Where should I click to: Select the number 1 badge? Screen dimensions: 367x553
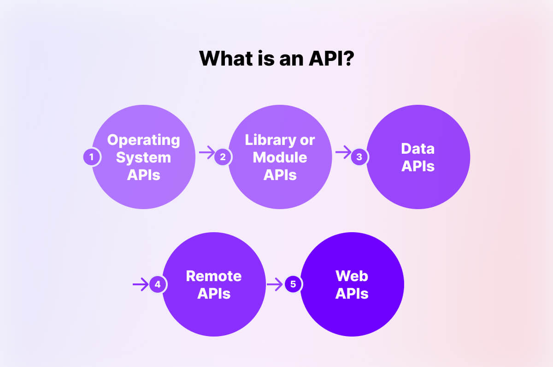tap(92, 157)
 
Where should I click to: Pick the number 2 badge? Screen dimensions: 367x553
tap(223, 157)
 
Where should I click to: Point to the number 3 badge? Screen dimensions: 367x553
tap(359, 157)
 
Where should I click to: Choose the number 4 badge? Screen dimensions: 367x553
tap(158, 284)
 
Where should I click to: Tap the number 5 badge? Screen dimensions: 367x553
tap(293, 284)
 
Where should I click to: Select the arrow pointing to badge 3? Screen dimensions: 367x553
tap(343, 152)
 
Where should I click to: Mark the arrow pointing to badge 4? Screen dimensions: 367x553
tap(141, 284)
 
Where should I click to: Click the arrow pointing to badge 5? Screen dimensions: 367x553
tap(275, 284)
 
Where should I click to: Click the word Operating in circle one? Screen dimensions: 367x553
tap(143, 140)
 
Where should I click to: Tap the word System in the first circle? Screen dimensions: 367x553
tap(143, 157)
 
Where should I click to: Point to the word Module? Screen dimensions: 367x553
tap(280, 157)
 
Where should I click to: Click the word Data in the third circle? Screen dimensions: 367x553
tap(418, 149)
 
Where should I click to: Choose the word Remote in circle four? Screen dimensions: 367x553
tap(213, 276)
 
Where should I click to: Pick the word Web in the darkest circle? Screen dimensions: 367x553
tap(352, 276)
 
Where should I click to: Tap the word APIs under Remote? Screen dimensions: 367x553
tap(213, 294)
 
